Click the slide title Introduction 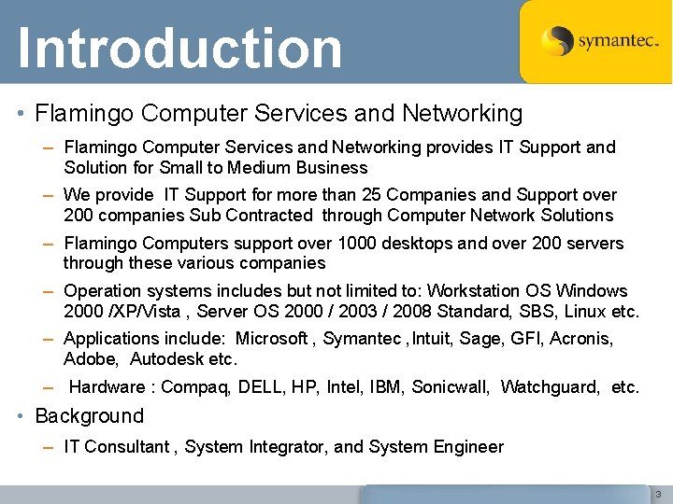[179, 48]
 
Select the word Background [89, 416]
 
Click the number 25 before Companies [374, 195]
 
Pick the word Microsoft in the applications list [275, 338]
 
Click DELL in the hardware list [265, 386]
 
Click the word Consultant [126, 446]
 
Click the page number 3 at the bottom [657, 493]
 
